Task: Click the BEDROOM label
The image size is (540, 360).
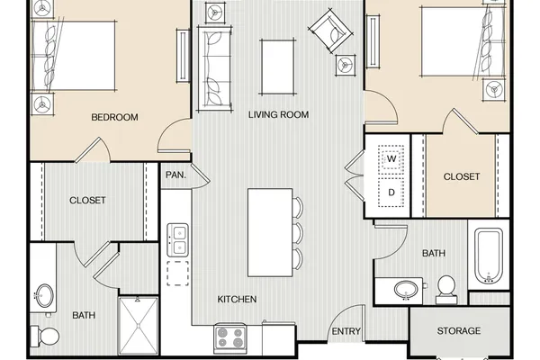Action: click(114, 117)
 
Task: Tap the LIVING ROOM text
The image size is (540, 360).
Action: click(279, 114)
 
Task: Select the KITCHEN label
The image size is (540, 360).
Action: click(237, 299)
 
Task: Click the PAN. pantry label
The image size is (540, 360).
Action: click(175, 175)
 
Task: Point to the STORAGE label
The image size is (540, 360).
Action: click(459, 330)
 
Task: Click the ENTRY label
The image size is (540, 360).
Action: click(346, 331)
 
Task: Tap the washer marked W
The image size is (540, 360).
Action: click(391, 158)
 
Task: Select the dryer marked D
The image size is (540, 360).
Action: click(391, 193)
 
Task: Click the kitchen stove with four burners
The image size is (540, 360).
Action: click(230, 338)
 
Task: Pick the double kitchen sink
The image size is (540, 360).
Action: click(177, 240)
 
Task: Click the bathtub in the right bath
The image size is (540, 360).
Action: click(489, 256)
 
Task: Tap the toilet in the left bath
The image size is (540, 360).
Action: click(45, 336)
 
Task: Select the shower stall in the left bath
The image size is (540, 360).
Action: click(139, 326)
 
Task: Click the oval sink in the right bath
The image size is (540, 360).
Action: click(407, 290)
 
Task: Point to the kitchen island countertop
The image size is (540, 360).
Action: click(270, 232)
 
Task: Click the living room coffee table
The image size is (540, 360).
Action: click(278, 67)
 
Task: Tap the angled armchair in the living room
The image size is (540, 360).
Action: click(330, 31)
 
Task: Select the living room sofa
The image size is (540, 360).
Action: click(214, 68)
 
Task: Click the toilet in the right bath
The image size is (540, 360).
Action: click(446, 290)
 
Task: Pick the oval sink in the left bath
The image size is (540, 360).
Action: click(45, 295)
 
